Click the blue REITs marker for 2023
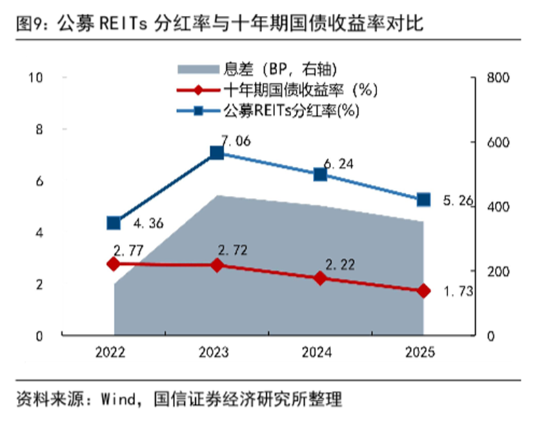pos(217,152)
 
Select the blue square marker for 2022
pos(114,223)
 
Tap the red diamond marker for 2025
pos(424,291)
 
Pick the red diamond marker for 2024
pos(321,278)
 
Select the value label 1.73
pos(457,292)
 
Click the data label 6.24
pos(339,163)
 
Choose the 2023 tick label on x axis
pos(217,352)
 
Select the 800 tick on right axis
pos(496,77)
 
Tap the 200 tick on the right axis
pos(496,271)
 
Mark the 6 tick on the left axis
pos(39,181)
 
